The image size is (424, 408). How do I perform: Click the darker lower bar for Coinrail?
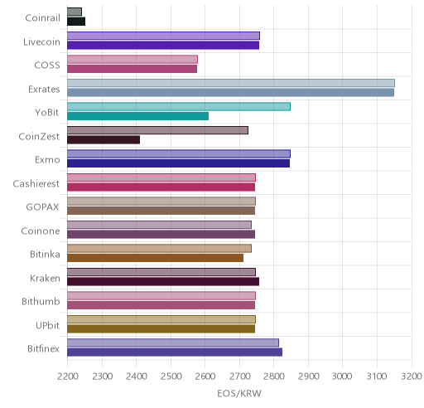point(76,22)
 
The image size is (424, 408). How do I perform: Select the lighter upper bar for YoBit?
point(179,107)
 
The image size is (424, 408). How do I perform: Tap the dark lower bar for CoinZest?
point(104,140)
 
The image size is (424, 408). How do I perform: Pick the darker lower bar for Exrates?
point(230,93)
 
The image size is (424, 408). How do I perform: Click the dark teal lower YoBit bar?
point(137,116)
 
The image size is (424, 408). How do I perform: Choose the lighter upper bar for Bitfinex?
point(173,343)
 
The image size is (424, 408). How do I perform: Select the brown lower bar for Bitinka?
point(155,258)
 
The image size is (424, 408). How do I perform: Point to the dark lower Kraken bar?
point(163,282)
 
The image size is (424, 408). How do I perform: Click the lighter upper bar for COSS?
point(132,60)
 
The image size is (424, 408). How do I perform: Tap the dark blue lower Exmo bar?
point(178,163)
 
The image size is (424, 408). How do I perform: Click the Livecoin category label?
point(41,41)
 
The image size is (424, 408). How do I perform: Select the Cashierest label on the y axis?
point(36,183)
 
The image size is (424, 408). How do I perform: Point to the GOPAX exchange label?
point(42,207)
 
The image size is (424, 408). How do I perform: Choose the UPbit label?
point(47,325)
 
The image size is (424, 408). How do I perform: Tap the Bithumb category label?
point(41,301)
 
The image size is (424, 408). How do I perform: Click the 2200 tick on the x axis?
point(67,376)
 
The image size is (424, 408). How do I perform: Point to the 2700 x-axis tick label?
point(239,376)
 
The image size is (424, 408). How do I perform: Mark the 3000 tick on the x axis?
point(342,376)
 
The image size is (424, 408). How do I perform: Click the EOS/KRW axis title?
point(239,393)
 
